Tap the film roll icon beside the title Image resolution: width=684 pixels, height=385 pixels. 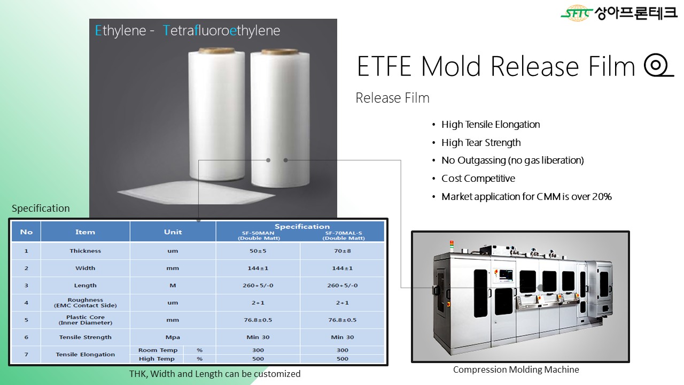pos(658,65)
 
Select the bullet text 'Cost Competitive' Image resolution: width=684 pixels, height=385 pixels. pos(478,179)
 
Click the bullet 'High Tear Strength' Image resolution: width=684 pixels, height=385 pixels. pos(481,143)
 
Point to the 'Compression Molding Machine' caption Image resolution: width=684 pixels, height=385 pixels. pos(516,369)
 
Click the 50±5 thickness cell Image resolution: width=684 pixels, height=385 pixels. pos(258,251)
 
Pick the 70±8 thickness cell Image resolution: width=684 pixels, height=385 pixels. pos(343,251)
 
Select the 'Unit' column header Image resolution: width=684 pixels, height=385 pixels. pos(173,232)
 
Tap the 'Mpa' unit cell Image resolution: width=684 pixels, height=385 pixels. pos(173,337)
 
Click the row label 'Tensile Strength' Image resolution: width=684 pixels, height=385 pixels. pos(85,337)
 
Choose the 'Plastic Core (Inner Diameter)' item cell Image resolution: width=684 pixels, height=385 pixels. pos(85,320)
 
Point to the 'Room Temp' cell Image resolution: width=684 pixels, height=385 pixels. pos(158,350)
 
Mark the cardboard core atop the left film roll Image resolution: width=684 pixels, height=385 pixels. pos(216,50)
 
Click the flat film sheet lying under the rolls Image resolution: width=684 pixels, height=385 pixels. pos(196,192)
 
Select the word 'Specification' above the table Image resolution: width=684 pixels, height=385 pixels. pos(41,209)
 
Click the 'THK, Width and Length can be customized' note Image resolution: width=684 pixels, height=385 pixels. pos(215,374)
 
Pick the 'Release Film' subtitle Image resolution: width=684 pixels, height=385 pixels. pos(392,98)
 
